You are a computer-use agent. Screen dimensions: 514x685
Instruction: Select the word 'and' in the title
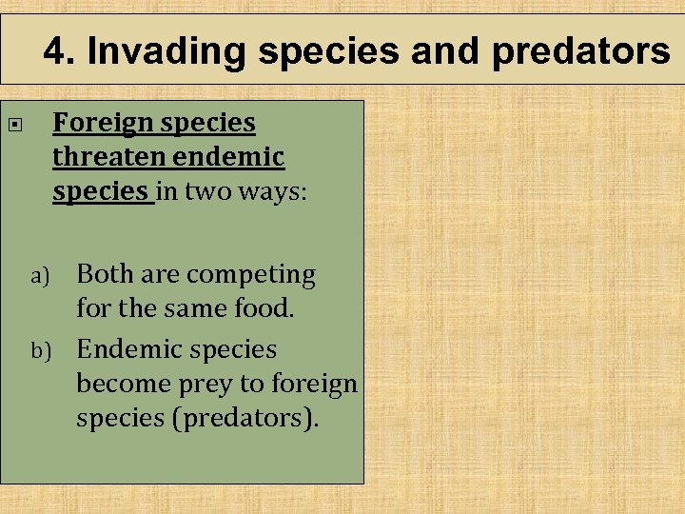coord(446,51)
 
